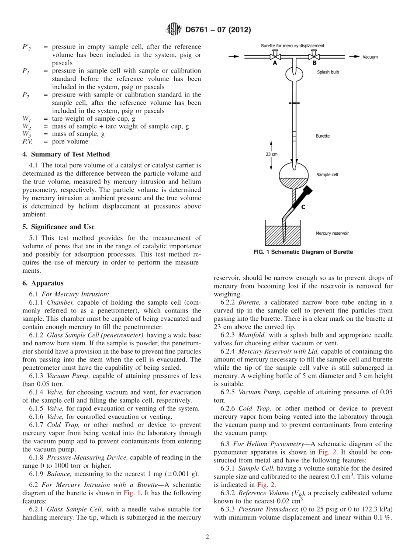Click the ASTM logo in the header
[173, 30]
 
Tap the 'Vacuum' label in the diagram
[370, 57]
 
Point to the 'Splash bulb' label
[328, 73]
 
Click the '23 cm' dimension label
[272, 154]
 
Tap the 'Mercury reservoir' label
[332, 233]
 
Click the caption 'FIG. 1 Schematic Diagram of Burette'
[303, 252]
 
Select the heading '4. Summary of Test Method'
[66, 154]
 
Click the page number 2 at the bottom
[207, 537]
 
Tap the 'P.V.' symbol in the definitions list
[27, 142]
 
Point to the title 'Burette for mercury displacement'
[293, 45]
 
